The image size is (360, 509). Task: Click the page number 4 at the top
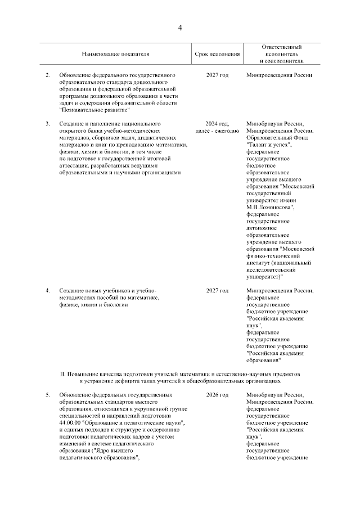click(180, 28)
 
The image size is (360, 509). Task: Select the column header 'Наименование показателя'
click(115, 54)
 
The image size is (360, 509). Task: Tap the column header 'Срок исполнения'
click(217, 54)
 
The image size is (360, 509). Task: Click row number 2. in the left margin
click(48, 75)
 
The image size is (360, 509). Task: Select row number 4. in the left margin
click(48, 290)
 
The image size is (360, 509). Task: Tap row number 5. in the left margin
click(48, 395)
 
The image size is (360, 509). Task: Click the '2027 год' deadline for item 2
click(217, 75)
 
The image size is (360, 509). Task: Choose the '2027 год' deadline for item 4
click(217, 290)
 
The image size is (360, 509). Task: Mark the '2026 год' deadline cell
click(217, 395)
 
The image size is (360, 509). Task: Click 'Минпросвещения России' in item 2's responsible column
click(279, 75)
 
